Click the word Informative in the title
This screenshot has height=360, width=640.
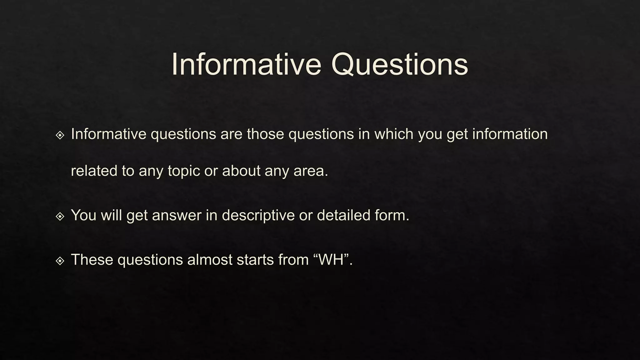click(246, 64)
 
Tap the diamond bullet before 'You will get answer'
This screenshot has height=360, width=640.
click(60, 216)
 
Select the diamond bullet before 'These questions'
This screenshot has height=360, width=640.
click(60, 261)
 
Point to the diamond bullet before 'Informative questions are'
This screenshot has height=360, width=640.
click(60, 135)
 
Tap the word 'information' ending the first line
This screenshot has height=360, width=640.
click(510, 134)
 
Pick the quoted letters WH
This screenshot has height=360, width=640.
click(331, 260)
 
